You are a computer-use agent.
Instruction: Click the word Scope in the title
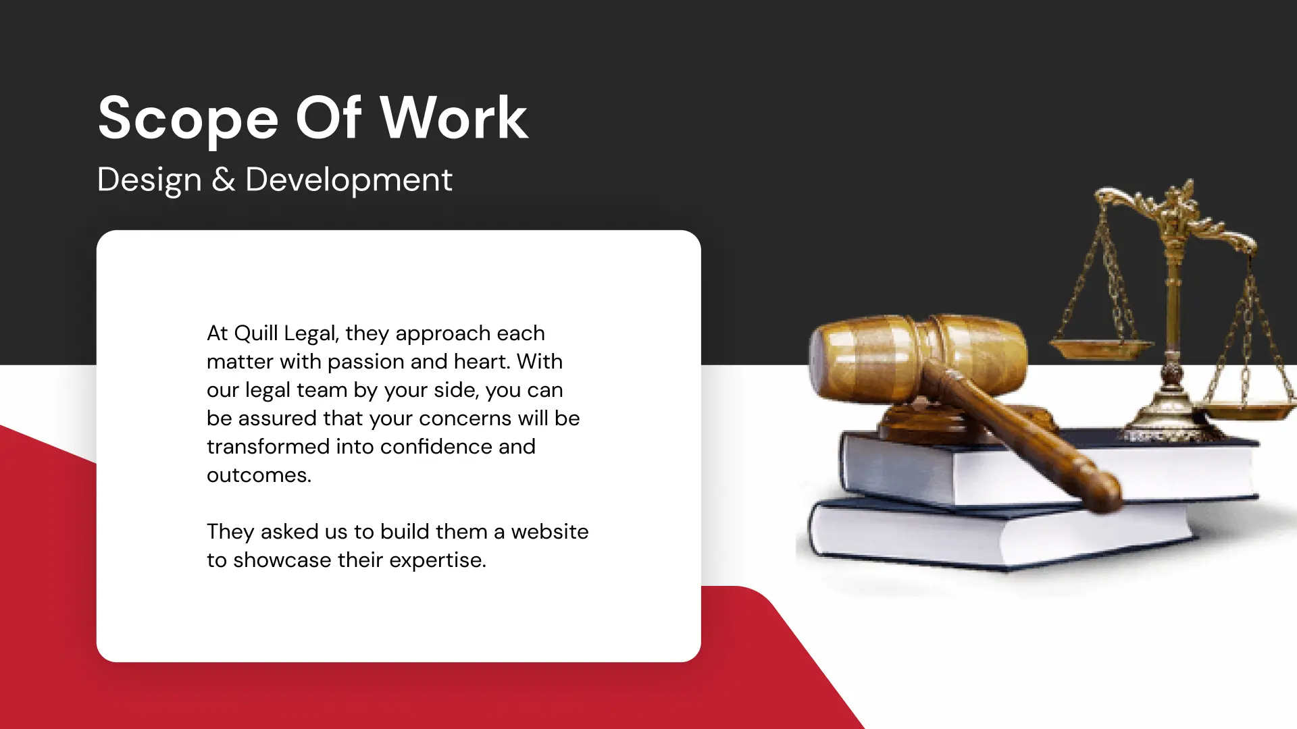188,119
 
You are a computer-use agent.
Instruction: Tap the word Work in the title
454,117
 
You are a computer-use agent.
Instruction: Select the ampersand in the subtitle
224,180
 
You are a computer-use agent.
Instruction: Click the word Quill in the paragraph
255,333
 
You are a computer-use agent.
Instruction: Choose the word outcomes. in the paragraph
259,475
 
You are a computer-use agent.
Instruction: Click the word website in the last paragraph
550,531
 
